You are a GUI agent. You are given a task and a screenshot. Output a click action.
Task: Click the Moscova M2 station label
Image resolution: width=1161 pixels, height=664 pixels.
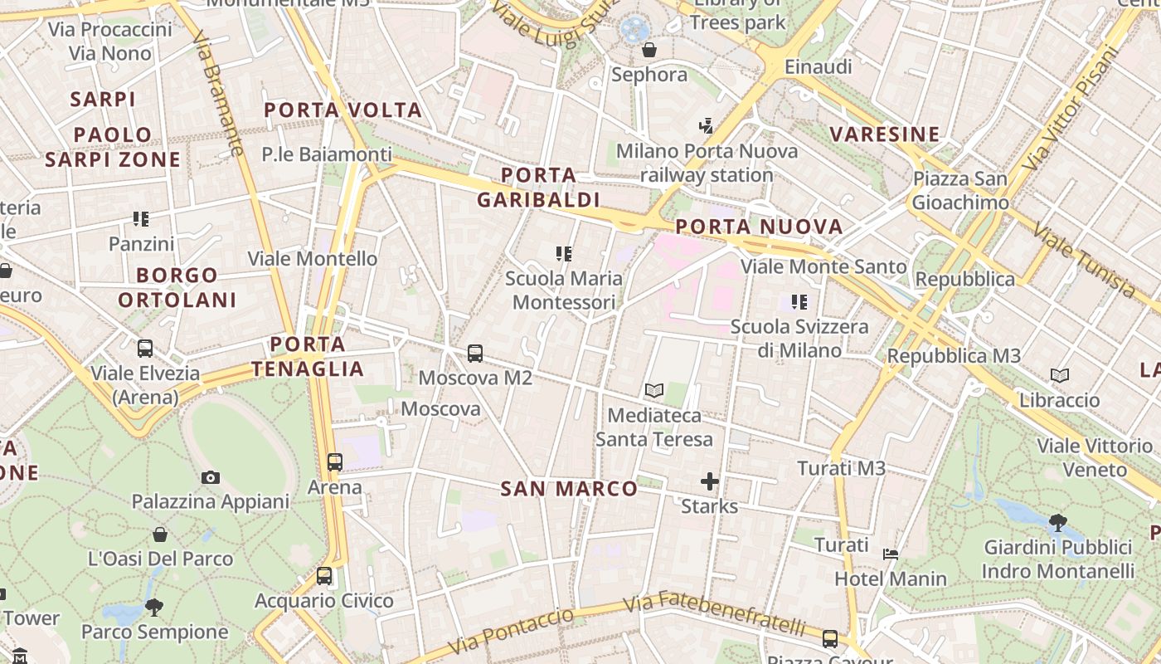[474, 378]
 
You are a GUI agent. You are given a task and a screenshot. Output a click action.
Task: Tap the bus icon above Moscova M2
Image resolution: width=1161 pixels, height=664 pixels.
[475, 354]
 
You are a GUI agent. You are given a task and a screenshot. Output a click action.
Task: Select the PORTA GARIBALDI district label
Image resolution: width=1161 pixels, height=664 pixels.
[538, 188]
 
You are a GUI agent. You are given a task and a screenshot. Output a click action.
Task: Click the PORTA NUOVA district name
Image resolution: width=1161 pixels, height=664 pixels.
[759, 227]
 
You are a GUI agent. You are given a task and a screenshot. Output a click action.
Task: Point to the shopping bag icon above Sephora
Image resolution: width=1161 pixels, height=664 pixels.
[649, 50]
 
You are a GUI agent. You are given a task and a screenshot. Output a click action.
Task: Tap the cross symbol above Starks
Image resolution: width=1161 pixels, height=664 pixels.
[710, 481]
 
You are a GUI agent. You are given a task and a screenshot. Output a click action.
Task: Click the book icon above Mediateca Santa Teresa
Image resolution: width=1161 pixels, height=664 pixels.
[654, 390]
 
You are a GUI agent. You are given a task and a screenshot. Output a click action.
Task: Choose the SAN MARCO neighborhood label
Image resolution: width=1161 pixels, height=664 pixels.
[569, 489]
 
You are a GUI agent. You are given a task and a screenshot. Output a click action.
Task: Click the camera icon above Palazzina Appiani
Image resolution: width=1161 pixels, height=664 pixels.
[211, 477]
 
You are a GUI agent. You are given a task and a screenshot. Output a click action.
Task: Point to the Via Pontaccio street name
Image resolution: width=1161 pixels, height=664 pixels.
[510, 632]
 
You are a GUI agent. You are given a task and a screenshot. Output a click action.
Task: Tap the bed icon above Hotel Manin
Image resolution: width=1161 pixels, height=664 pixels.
[891, 554]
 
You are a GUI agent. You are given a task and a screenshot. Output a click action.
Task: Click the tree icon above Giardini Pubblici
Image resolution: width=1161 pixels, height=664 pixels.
[1057, 523]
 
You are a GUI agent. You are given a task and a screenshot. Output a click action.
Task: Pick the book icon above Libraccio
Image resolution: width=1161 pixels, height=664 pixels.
[1059, 376]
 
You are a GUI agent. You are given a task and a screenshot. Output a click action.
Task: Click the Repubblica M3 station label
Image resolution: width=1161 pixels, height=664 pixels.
[954, 356]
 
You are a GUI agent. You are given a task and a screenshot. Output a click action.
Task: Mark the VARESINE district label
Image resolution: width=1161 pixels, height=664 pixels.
[885, 134]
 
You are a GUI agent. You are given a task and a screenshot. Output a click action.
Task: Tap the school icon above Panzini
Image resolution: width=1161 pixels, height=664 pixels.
[141, 219]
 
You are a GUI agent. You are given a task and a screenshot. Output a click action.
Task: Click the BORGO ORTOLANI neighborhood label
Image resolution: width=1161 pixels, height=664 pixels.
[177, 287]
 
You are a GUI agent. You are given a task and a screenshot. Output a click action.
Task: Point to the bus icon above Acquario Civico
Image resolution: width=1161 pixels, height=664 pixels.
[324, 575]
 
